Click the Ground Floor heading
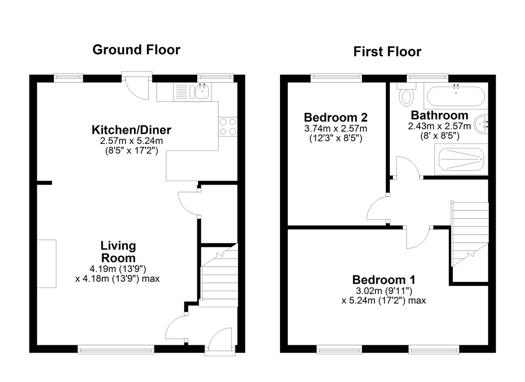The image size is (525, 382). (136, 50)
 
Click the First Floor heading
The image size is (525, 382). (387, 52)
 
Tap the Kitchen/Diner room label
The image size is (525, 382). (131, 130)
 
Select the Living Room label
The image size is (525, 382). (118, 252)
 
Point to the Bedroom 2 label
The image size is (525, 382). (336, 117)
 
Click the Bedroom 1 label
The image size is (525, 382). (384, 280)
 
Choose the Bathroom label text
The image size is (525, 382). (439, 116)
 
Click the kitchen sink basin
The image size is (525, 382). (202, 92)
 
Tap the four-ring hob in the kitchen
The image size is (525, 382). (228, 126)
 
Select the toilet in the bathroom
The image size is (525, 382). (406, 95)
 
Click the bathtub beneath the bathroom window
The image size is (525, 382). (455, 96)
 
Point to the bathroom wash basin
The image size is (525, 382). (481, 124)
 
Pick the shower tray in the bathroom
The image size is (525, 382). (461, 159)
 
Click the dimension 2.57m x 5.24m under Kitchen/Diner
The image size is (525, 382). (132, 141)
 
